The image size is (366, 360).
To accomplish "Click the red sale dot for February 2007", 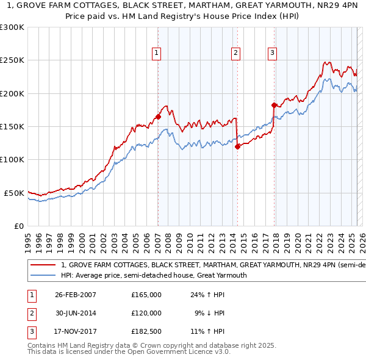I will [158, 117].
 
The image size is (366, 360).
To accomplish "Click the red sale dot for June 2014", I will [237, 146].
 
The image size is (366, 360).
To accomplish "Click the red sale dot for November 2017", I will [274, 105].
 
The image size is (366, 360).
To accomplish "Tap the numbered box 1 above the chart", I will [157, 53].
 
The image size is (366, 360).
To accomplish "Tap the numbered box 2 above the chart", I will [235, 53].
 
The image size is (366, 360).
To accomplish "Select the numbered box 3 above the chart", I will [272, 53].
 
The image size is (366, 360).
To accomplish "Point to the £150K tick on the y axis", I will [12, 126].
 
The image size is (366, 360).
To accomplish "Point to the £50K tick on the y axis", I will [15, 193].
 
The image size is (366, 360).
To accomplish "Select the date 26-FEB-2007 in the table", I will [76, 295].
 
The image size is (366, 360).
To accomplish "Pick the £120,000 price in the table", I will [146, 313].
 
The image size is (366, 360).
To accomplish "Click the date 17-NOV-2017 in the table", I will [76, 331].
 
